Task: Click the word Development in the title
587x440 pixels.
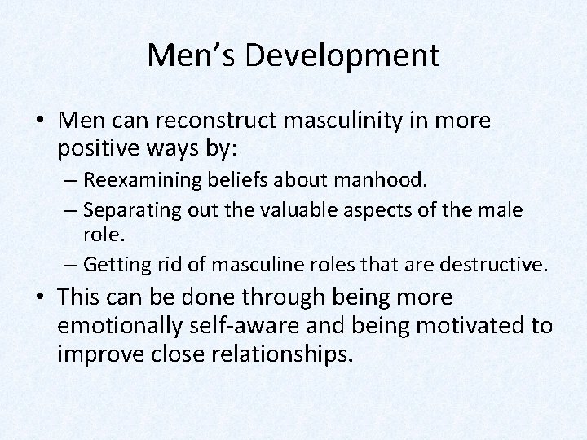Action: pyautogui.click(x=351, y=55)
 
